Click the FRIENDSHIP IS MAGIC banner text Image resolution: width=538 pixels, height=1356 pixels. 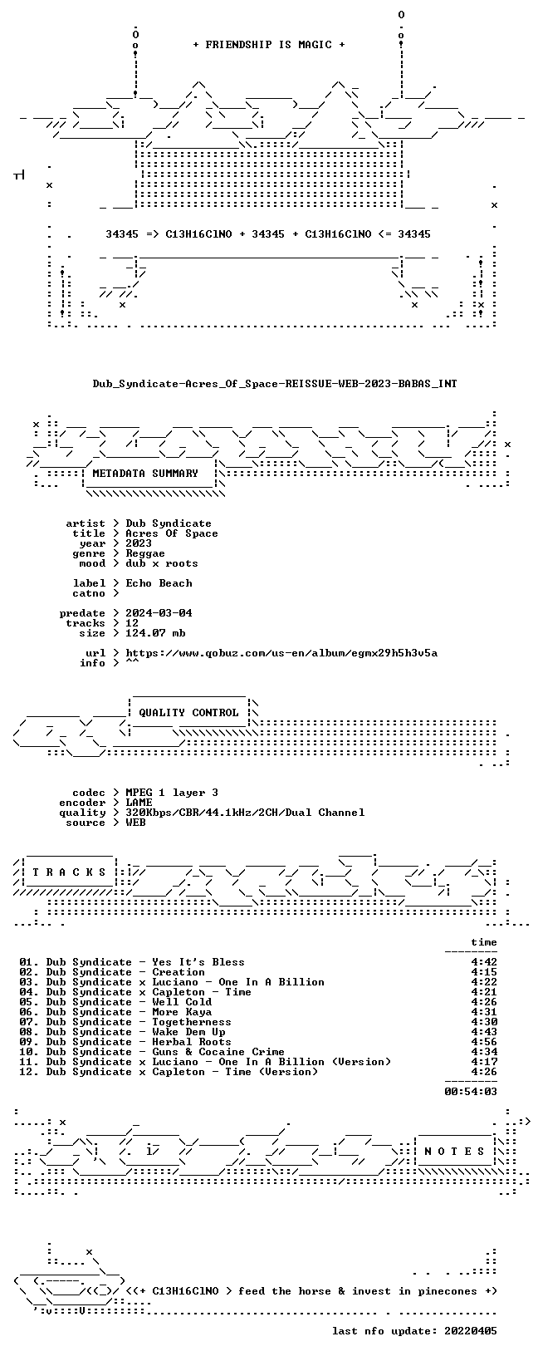[269, 45]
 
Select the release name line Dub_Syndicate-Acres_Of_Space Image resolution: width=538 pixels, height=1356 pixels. [275, 384]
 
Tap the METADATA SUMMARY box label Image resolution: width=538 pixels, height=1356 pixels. [145, 474]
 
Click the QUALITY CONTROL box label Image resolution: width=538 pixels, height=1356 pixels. [188, 713]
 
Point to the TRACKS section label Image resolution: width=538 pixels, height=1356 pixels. [70, 872]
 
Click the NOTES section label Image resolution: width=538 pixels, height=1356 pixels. [454, 1152]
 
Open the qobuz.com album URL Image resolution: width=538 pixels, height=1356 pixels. [281, 653]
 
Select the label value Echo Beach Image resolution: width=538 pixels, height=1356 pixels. [159, 583]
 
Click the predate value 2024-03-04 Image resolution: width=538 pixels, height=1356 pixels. [159, 613]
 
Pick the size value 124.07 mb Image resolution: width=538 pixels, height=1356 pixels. [155, 633]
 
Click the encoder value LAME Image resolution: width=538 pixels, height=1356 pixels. [139, 803]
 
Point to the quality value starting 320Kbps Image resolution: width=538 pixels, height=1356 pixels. [245, 813]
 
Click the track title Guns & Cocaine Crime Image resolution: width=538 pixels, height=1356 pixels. [218, 1052]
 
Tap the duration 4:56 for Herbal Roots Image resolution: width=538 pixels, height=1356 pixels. [484, 1042]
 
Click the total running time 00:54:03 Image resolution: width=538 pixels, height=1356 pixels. [471, 1092]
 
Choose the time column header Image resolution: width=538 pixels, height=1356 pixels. [484, 942]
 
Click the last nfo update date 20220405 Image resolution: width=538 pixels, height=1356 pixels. [471, 1331]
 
